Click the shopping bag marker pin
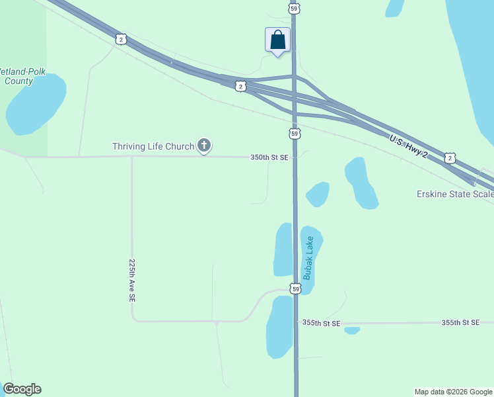point(278,40)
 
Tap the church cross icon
point(205,146)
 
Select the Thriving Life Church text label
point(153,146)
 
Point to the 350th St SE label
point(269,157)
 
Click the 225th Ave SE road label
point(132,281)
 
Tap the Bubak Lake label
point(309,257)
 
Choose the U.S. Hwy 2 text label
point(409,147)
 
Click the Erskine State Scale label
point(455,194)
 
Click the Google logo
point(22,389)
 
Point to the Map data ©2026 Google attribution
point(453,392)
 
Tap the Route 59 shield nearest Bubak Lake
point(295,289)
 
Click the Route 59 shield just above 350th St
point(295,134)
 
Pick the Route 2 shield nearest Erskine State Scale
point(450,157)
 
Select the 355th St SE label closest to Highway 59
point(321,323)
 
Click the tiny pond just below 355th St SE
point(352,330)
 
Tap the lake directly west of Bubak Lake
point(283,249)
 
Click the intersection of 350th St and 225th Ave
point(131,157)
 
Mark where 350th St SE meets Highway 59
point(295,157)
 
